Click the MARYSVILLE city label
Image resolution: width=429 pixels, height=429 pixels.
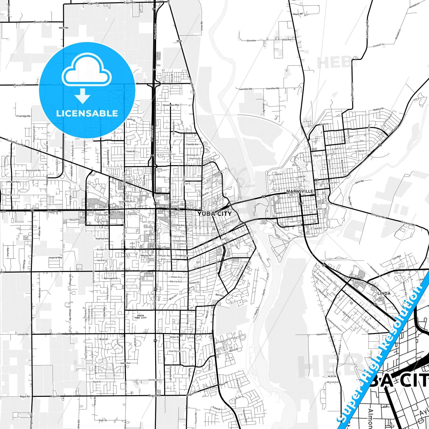click(300, 191)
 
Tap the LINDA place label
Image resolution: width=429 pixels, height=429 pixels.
click(384, 293)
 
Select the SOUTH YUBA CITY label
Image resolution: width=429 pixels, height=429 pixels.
click(140, 317)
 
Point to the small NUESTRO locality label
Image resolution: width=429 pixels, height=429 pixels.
click(64, 28)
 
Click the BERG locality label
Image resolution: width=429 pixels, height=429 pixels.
click(179, 41)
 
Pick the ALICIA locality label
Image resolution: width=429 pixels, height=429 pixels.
click(332, 376)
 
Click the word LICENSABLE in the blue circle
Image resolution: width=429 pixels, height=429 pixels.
click(87, 113)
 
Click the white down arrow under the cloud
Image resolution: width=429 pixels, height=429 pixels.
click(83, 96)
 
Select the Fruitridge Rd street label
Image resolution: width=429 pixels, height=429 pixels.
click(23, 116)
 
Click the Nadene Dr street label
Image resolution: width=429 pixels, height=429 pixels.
click(379, 109)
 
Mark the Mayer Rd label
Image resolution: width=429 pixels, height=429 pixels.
click(298, 14)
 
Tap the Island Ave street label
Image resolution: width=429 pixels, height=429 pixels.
click(322, 334)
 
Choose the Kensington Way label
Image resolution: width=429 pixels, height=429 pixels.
click(171, 105)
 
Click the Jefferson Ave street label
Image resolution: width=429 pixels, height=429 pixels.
click(13, 182)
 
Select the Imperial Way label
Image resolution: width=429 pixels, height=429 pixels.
click(56, 258)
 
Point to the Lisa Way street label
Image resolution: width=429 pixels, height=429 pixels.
click(397, 257)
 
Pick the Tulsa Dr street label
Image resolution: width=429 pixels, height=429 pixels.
click(217, 409)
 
